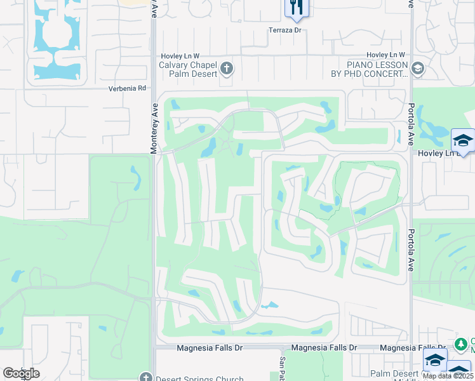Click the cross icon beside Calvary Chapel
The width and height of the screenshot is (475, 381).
point(227,68)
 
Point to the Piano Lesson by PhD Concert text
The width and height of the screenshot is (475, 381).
point(377,69)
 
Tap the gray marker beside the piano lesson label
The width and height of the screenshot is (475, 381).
point(417,68)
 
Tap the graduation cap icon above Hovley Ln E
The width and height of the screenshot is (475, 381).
point(462,140)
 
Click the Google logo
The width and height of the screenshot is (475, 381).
point(21,373)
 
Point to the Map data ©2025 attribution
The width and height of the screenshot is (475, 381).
point(448,376)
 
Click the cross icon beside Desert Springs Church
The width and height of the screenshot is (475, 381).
point(145,378)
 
